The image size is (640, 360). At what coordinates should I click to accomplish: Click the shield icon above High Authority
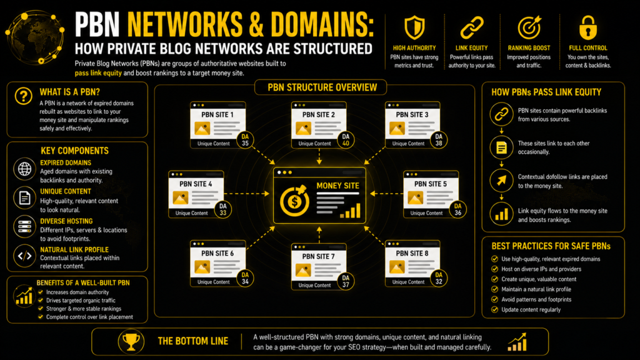click(414, 27)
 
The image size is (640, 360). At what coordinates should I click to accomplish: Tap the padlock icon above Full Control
click(587, 27)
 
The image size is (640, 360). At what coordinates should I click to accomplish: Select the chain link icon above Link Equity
click(472, 27)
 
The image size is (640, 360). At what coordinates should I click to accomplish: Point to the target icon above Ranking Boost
click(529, 27)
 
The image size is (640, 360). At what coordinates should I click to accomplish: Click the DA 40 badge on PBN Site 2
click(346, 140)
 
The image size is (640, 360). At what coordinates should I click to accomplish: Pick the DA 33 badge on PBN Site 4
click(223, 209)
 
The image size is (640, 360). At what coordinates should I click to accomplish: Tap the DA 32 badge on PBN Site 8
click(439, 278)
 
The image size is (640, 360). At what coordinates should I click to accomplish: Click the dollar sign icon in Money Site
click(294, 201)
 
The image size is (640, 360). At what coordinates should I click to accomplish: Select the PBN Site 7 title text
click(318, 256)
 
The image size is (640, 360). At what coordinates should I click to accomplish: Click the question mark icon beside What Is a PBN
click(24, 96)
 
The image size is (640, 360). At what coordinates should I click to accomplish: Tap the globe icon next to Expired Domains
click(24, 169)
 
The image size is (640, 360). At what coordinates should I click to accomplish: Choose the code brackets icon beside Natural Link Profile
click(24, 256)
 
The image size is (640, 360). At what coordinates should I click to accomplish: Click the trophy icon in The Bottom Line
click(131, 342)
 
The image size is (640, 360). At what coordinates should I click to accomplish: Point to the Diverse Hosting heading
click(66, 221)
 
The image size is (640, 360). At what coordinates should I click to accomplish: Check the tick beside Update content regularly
click(495, 309)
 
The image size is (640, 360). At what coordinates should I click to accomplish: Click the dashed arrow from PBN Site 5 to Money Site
click(386, 194)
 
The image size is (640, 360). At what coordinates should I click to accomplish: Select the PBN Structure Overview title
click(322, 87)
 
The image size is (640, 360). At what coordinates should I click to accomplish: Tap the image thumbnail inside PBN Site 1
click(202, 129)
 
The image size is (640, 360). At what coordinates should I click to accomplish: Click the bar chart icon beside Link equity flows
click(502, 214)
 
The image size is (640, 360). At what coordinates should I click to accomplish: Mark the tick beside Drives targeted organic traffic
click(41, 301)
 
